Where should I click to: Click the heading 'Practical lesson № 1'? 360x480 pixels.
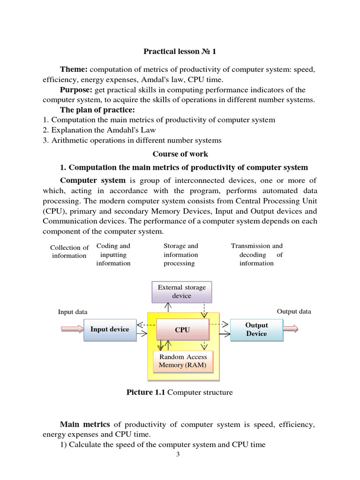pyautogui.click(x=180, y=52)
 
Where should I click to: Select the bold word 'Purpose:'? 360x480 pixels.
pyautogui.click(x=76, y=90)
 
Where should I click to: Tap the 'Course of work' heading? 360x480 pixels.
pyautogui.click(x=180, y=154)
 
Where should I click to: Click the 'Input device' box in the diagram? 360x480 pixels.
pyautogui.click(x=110, y=330)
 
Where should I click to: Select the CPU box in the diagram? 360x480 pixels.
pyautogui.click(x=182, y=330)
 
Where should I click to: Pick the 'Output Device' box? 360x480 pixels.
pyautogui.click(x=256, y=330)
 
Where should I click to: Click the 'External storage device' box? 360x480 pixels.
pyautogui.click(x=181, y=292)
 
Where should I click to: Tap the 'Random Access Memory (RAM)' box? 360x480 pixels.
pyautogui.click(x=182, y=361)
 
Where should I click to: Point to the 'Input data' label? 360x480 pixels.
pyautogui.click(x=73, y=312)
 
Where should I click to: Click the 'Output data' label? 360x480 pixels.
pyautogui.click(x=294, y=312)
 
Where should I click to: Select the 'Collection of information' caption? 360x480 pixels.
pyautogui.click(x=69, y=252)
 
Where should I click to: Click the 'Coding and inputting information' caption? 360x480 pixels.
pyautogui.click(x=113, y=255)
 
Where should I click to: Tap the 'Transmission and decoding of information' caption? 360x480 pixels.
pyautogui.click(x=257, y=255)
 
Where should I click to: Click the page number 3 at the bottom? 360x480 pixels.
pyautogui.click(x=178, y=454)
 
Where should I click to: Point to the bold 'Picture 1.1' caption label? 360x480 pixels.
pyautogui.click(x=146, y=392)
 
